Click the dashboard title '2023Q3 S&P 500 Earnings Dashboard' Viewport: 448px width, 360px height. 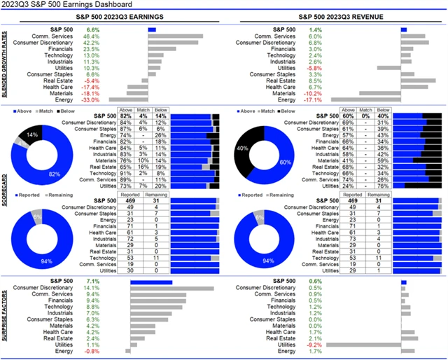tap(70, 6)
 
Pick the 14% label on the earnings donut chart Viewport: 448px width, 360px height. tap(32, 133)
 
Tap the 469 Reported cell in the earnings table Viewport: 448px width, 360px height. tap(127, 200)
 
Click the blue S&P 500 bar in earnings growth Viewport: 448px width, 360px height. tap(152, 29)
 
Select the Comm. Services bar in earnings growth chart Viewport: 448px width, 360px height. tap(175, 36)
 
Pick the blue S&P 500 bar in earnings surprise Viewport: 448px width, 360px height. tap(151, 282)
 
